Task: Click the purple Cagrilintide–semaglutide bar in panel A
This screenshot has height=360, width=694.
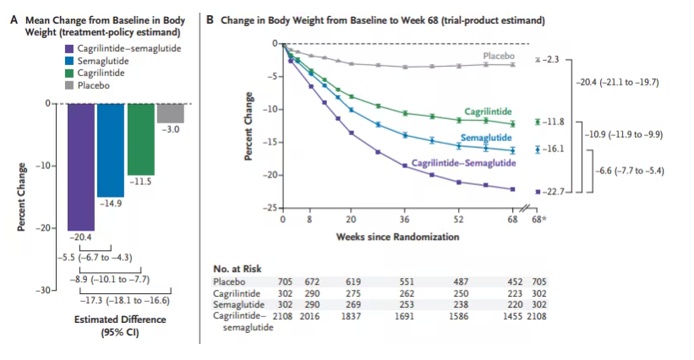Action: tap(82, 165)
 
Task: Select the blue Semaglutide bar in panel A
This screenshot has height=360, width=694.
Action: tap(111, 149)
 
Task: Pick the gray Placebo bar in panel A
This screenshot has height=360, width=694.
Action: tap(170, 112)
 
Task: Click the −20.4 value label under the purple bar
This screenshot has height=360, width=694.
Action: tap(82, 237)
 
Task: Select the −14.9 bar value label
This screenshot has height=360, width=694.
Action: tap(111, 204)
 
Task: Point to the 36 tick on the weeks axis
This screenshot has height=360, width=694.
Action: tap(405, 218)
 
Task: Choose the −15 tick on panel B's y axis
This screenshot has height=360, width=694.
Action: tap(273, 142)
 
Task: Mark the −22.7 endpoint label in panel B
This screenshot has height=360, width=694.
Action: tap(553, 190)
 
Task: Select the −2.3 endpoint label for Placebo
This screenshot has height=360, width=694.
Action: tap(551, 59)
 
